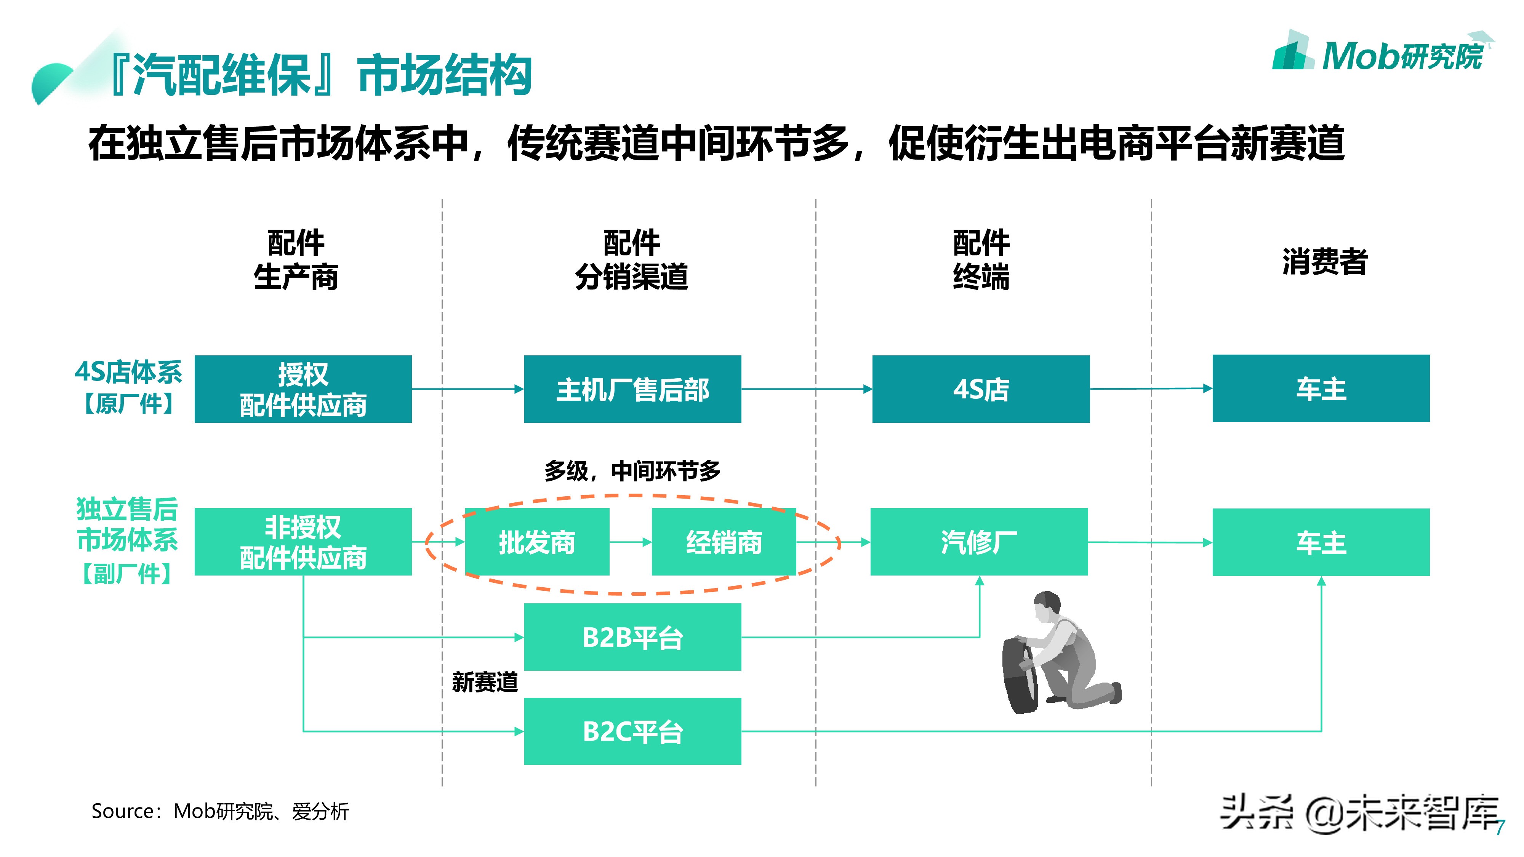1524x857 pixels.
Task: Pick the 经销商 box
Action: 723,542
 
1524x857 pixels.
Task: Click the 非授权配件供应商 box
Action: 303,542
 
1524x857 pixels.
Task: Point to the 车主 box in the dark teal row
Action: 1321,389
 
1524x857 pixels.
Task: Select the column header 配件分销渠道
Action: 631,260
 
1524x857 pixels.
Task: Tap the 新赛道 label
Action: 485,682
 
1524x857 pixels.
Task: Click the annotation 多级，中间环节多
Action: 632,471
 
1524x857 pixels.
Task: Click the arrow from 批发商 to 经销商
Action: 630,542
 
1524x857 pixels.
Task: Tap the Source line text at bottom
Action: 220,811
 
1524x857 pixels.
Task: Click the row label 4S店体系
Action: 128,373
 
